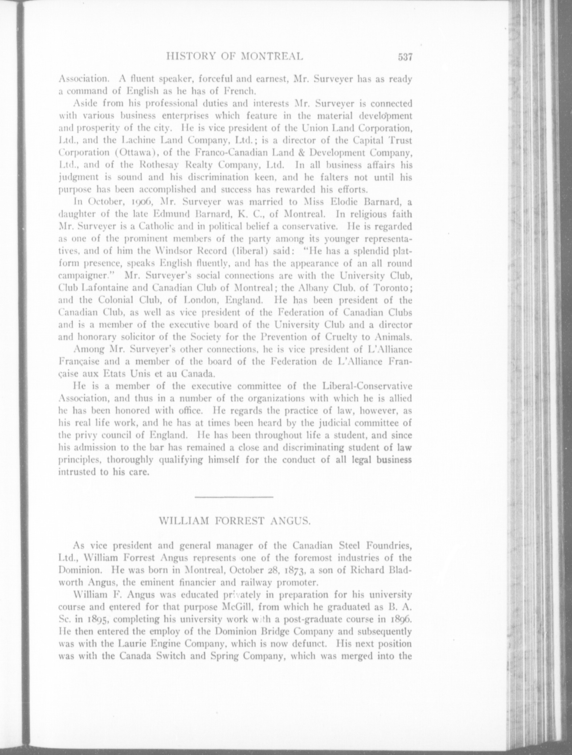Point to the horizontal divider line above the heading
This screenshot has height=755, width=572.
tap(234, 496)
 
